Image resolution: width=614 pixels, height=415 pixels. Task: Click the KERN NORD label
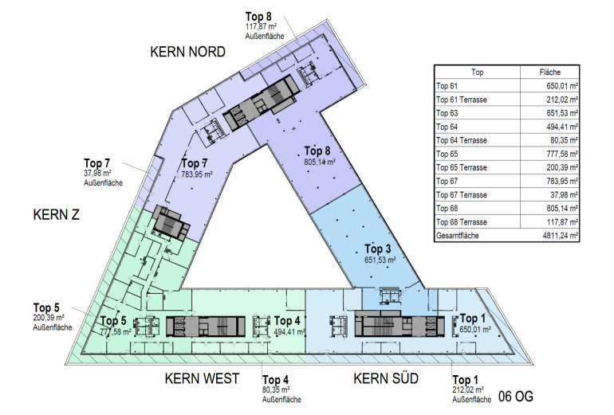coord(187,52)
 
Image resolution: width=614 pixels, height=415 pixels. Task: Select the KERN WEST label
coord(202,378)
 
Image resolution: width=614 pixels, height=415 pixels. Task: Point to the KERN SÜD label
coord(386,378)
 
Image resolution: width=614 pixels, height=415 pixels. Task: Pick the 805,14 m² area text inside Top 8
coord(319,162)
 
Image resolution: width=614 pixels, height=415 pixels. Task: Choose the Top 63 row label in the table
coord(447,112)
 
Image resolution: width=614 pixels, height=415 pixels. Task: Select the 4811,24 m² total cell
coord(558,235)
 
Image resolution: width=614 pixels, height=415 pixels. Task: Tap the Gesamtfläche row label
coord(457,235)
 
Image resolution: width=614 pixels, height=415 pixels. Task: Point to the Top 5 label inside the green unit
coord(112,321)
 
